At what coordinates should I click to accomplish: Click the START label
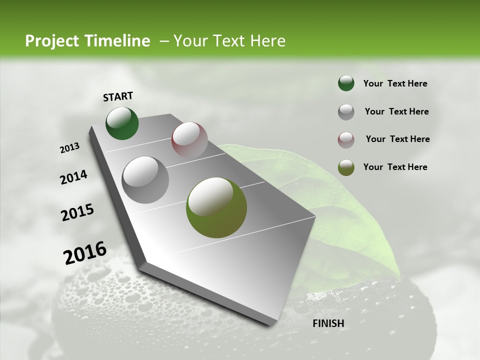coord(118,96)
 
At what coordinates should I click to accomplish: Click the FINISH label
coord(328,323)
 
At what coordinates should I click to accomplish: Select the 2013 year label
coord(70,148)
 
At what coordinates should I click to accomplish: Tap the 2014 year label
coord(74,177)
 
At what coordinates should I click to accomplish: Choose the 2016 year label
coord(85,252)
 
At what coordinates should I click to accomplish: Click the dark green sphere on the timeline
coord(122,123)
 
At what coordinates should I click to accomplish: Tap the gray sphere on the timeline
coord(145,179)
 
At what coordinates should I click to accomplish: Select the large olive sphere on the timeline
coord(216,207)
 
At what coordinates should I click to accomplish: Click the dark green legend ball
coord(346,83)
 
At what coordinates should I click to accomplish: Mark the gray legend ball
coord(346,111)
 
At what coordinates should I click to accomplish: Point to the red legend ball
coord(346,139)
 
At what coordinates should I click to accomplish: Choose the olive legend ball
coord(346,167)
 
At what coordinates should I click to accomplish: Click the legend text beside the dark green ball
coord(395,84)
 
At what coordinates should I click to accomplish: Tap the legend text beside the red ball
coord(397,139)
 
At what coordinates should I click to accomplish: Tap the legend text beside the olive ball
coord(395,167)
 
